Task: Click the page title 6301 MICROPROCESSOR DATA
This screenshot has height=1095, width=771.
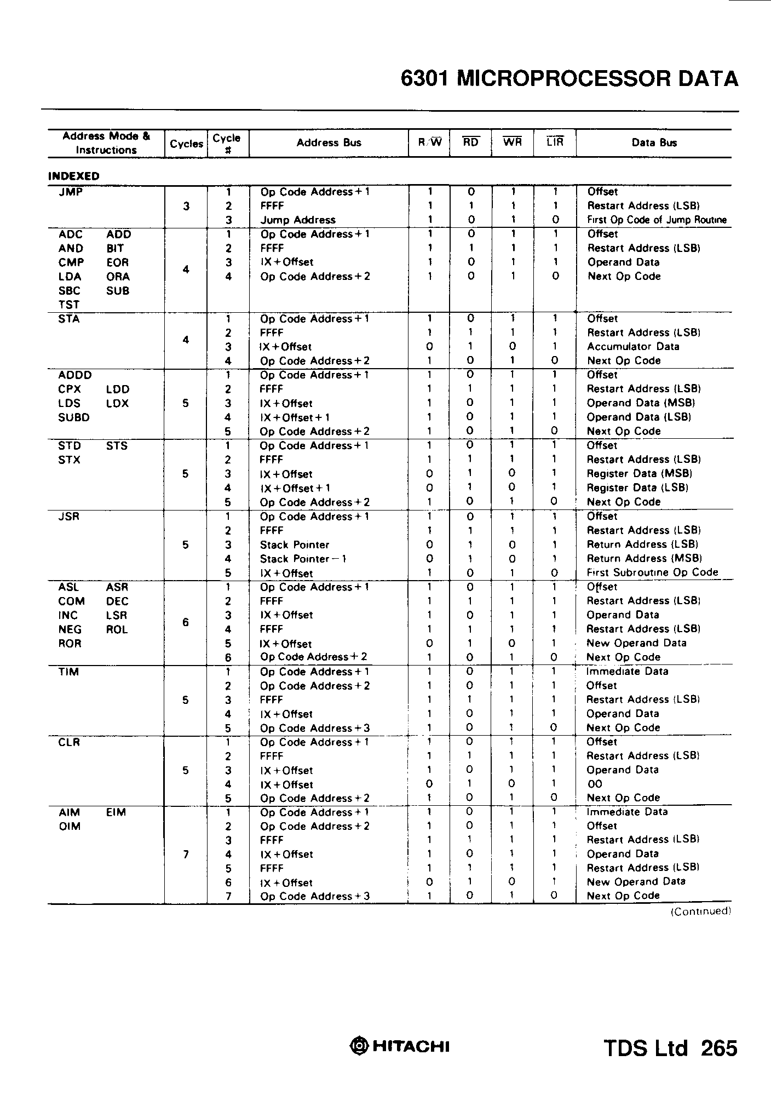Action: tap(569, 79)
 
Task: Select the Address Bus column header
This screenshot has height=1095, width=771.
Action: tap(329, 143)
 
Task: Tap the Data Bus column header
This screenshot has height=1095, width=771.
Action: tap(654, 143)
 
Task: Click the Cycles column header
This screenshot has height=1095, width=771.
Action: tap(186, 144)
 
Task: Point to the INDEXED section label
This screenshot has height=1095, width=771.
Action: tap(74, 176)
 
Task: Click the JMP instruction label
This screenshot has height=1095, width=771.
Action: tap(70, 192)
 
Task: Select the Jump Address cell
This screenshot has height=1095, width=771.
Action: tap(297, 220)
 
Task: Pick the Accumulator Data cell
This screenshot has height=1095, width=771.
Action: tap(632, 347)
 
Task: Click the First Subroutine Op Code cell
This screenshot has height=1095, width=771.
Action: tap(652, 572)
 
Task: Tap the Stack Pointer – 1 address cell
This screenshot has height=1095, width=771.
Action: tap(303, 559)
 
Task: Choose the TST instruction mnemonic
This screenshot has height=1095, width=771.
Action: tap(69, 305)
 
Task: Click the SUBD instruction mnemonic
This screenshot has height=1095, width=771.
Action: tap(73, 417)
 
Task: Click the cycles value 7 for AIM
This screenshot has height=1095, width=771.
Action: tap(186, 854)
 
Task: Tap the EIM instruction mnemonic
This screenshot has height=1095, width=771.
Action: tap(116, 812)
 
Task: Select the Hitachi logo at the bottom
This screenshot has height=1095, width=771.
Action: tap(400, 1047)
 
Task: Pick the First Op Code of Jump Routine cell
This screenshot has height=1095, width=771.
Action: tap(657, 220)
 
